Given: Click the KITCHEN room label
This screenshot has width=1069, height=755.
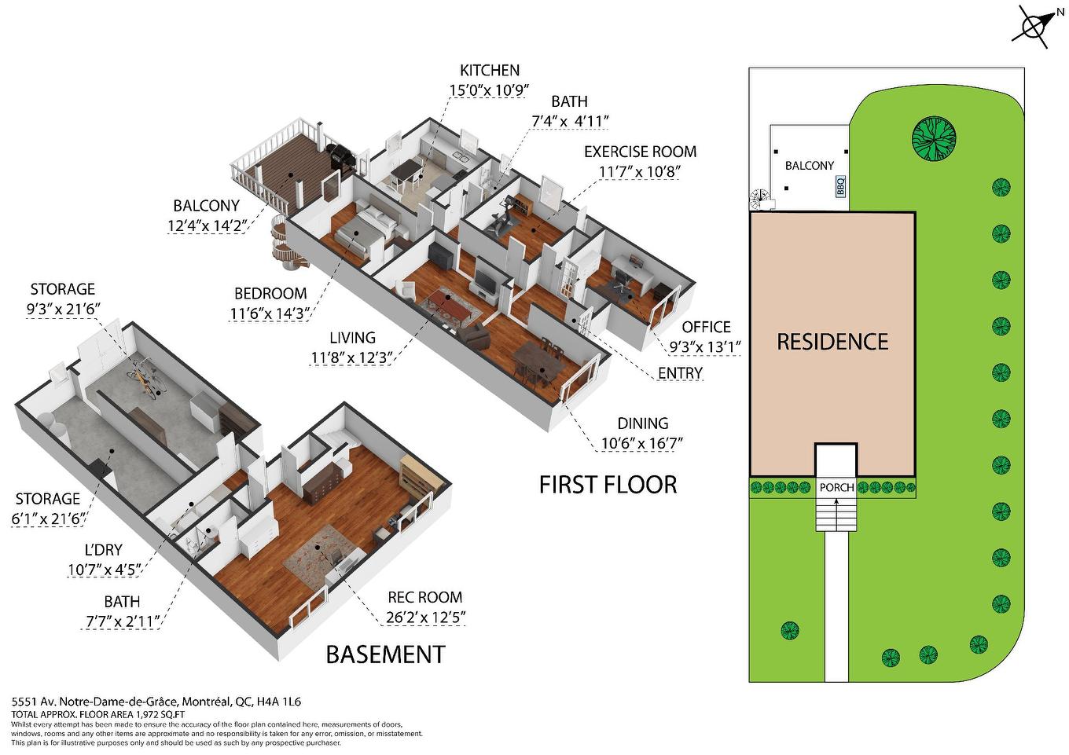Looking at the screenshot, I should pos(489,71).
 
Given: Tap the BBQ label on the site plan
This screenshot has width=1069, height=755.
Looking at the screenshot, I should pos(840,187).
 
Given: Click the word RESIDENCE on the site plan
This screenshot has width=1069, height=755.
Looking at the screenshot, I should pos(832,342).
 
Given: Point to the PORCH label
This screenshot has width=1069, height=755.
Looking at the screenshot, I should pos(836,487).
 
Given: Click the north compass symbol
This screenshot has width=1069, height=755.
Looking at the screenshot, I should pos(1033,24).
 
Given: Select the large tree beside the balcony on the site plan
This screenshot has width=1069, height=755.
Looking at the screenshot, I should pos(934,139).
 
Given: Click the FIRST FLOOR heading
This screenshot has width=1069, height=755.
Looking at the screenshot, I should pos(608,485).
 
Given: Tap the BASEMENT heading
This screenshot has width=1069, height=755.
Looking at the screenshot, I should pos(385,654).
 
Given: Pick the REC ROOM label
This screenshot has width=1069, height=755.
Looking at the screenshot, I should pos(424,597).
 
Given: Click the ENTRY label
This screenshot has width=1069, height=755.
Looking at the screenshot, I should pos(680,373).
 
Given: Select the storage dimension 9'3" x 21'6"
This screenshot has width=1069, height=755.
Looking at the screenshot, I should pos(63,310).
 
